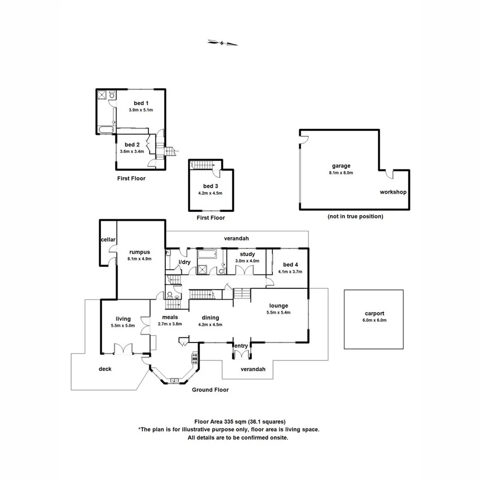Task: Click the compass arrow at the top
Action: (222, 43)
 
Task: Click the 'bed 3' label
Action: (210, 186)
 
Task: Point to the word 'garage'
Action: (341, 166)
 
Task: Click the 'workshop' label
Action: (393, 192)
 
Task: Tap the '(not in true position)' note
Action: (355, 217)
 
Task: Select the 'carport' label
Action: (373, 313)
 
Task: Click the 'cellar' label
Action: (108, 239)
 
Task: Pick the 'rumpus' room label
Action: (139, 252)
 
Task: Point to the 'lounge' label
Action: (278, 305)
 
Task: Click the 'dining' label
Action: (210, 318)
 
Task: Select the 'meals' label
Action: (170, 317)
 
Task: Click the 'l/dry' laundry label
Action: (184, 263)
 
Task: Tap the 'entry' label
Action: (241, 346)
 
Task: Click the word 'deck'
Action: (105, 369)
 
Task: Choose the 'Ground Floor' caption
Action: (210, 390)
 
